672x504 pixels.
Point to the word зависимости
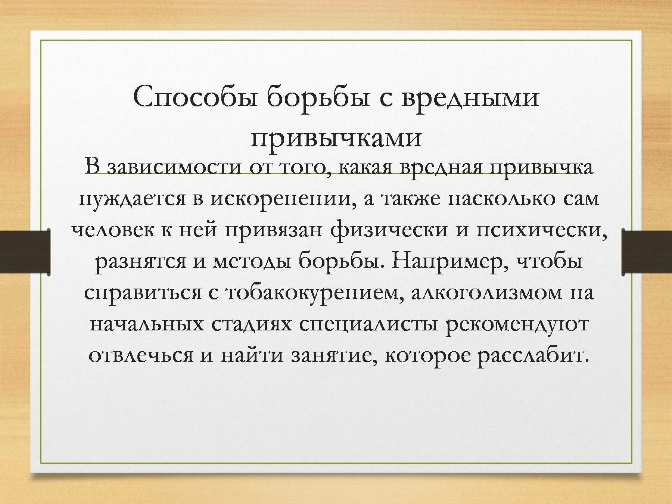point(174,167)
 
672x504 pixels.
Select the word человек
point(112,230)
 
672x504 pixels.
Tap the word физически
point(389,230)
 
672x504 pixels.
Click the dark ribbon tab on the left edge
point(25,252)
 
